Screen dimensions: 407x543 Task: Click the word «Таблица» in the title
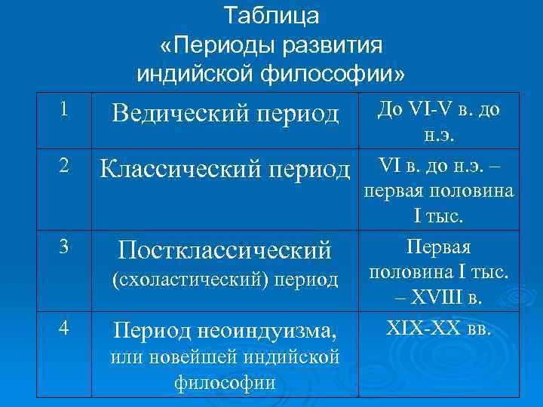[271, 15]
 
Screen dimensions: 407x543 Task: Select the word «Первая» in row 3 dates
[439, 246]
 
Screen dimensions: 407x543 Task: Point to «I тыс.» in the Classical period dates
[440, 217]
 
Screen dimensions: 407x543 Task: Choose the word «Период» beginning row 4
[146, 329]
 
